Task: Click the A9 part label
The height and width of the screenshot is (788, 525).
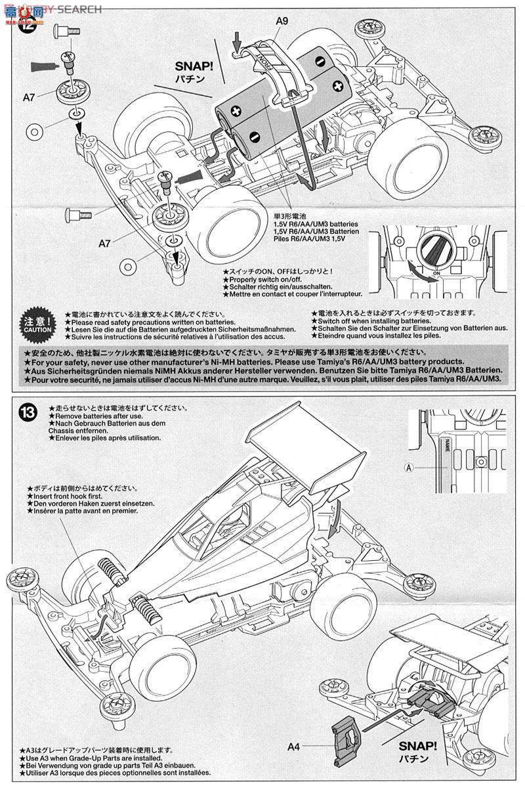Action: click(282, 21)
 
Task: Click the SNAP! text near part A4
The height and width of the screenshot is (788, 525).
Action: click(417, 747)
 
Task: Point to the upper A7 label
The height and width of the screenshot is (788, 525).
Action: click(29, 97)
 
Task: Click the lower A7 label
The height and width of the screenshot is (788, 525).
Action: click(104, 243)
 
